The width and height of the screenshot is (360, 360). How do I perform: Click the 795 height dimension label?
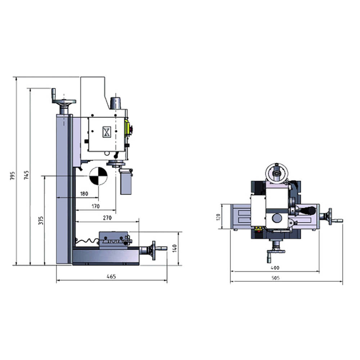[13, 176]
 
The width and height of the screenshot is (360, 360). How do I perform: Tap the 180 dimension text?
[84, 194]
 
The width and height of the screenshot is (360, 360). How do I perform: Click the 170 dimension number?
[95, 206]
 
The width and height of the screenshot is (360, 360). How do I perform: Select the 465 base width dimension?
[112, 276]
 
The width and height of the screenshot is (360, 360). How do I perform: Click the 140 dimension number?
[175, 248]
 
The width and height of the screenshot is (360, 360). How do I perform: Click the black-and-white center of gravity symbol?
[98, 176]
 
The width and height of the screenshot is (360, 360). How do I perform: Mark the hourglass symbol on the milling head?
[107, 132]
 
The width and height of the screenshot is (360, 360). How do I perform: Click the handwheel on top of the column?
[64, 102]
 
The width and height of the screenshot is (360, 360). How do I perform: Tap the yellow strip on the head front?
[126, 128]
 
